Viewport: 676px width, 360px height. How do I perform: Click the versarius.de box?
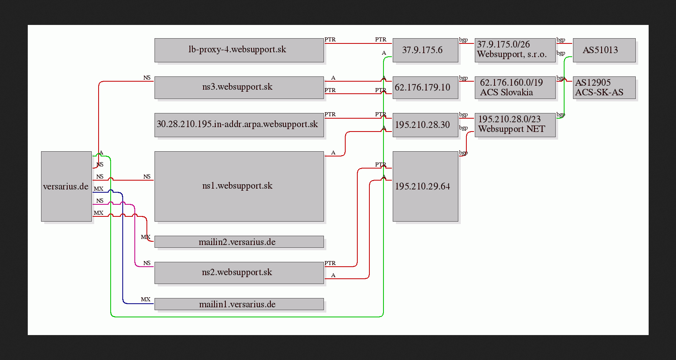66,187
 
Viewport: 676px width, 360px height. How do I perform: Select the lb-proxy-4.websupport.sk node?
239,50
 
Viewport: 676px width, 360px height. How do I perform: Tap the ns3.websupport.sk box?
239,88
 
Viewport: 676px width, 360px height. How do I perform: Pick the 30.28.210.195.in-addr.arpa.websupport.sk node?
239,125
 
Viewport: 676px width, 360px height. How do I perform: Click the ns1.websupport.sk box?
239,187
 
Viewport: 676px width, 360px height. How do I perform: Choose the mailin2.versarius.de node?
239,242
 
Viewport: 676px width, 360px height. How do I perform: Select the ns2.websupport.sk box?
239,273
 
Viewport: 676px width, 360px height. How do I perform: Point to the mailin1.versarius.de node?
239,304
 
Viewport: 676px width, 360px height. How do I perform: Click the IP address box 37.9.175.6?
426,50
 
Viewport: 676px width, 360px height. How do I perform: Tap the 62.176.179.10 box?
426,88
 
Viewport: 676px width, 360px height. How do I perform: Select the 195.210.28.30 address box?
426,125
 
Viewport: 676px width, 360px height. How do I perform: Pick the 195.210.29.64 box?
426,187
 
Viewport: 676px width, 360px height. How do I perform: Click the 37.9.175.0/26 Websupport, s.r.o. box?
515,50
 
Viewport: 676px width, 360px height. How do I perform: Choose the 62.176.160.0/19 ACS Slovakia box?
515,88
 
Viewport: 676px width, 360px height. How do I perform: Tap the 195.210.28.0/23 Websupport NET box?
515,125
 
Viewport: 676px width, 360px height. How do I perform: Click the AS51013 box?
604,50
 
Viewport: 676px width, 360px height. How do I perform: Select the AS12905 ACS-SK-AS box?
604,88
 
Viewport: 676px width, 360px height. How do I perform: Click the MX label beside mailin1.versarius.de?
146,299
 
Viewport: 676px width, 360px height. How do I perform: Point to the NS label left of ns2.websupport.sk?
147,263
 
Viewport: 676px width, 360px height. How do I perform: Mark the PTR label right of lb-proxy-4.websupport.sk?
330,39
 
